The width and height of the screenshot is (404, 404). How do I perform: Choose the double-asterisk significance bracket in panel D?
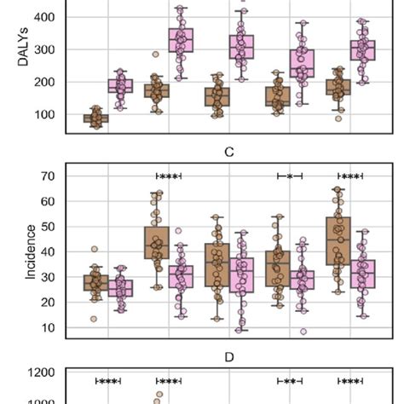[x=290, y=381]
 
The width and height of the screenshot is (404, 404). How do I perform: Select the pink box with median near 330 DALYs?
[x=180, y=40]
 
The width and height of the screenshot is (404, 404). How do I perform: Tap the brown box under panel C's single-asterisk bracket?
[x=277, y=268]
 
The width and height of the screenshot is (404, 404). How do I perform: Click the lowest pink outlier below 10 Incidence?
[x=303, y=332]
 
